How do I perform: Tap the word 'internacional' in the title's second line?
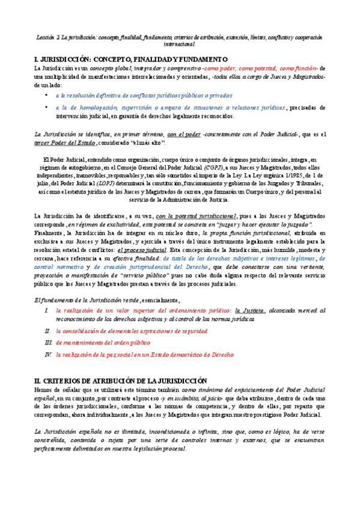point(180,44)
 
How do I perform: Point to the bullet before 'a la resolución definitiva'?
point(47,95)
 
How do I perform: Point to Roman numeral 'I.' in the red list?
point(48,310)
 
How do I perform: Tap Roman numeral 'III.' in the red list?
point(48,343)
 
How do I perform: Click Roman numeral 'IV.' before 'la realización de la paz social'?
point(48,355)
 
